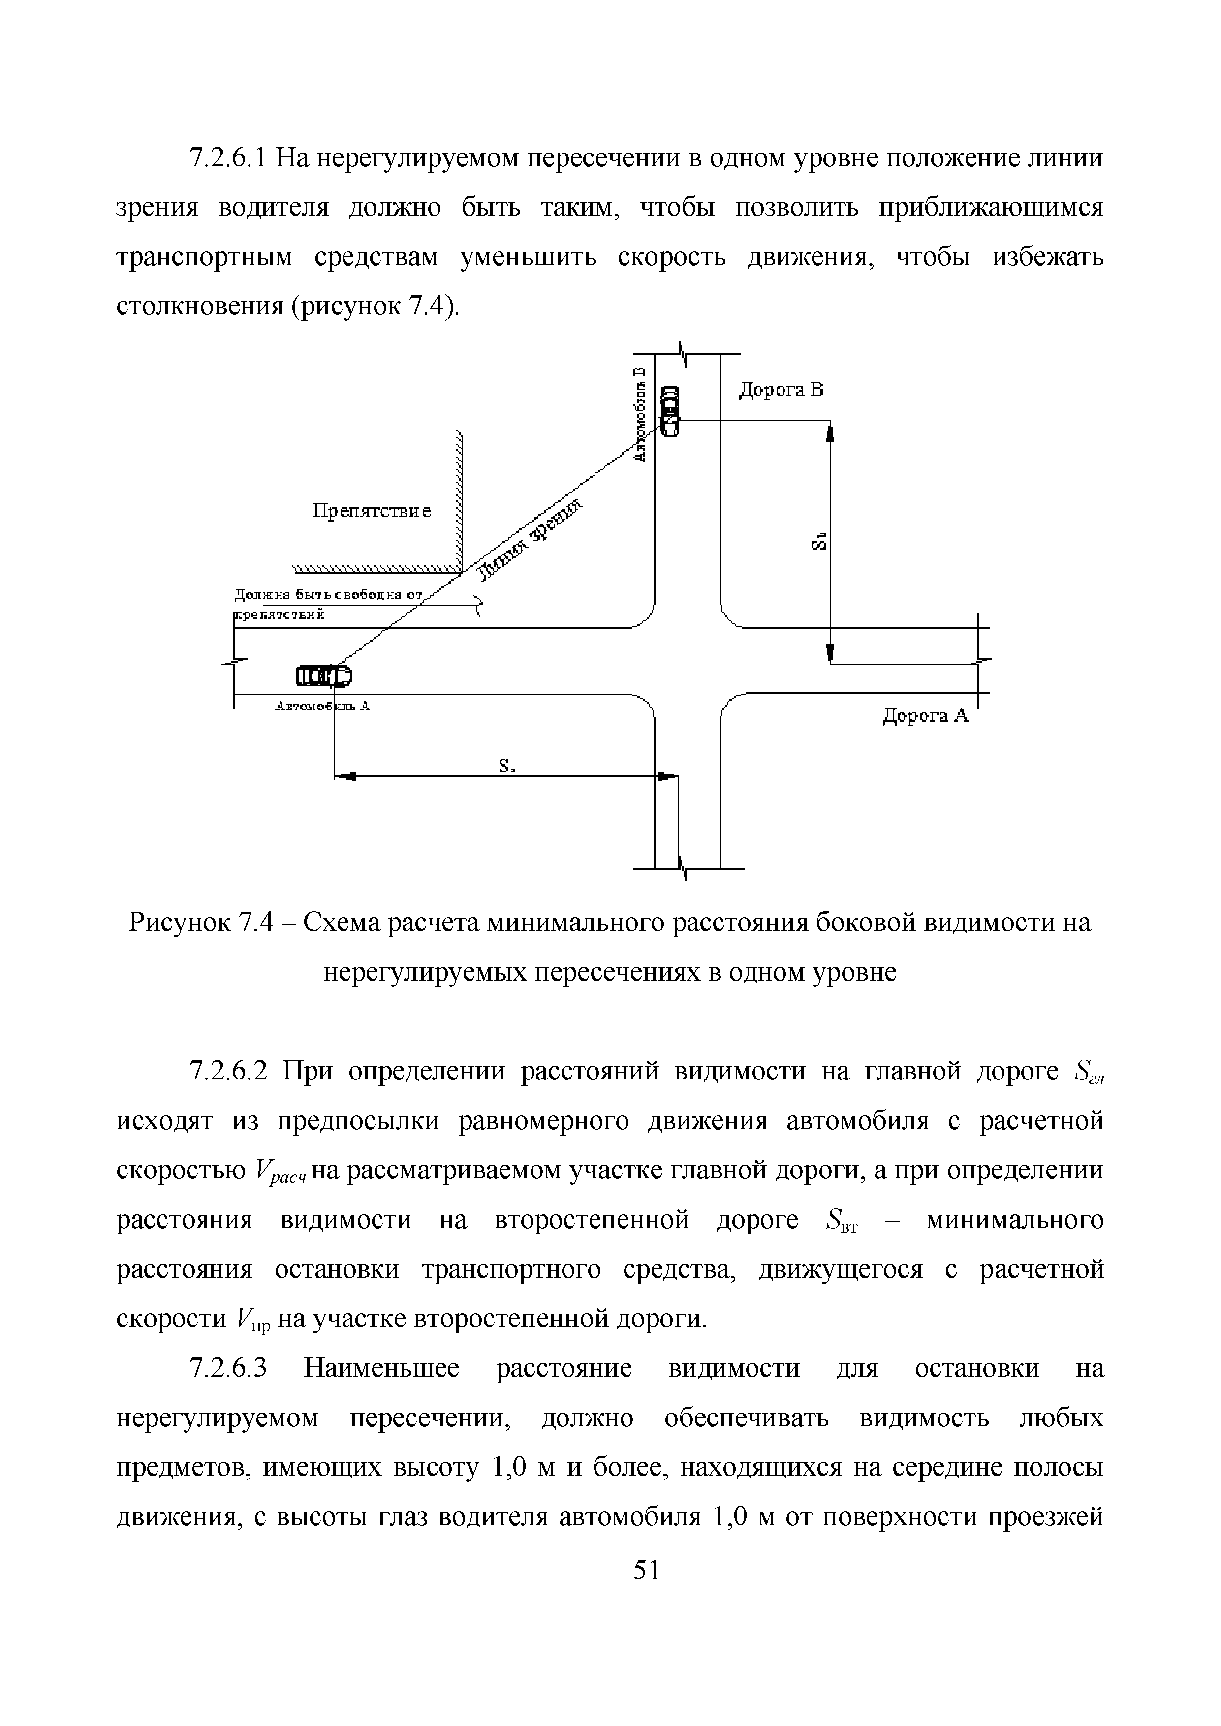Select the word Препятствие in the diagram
coord(372,511)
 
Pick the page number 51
coord(646,1571)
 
